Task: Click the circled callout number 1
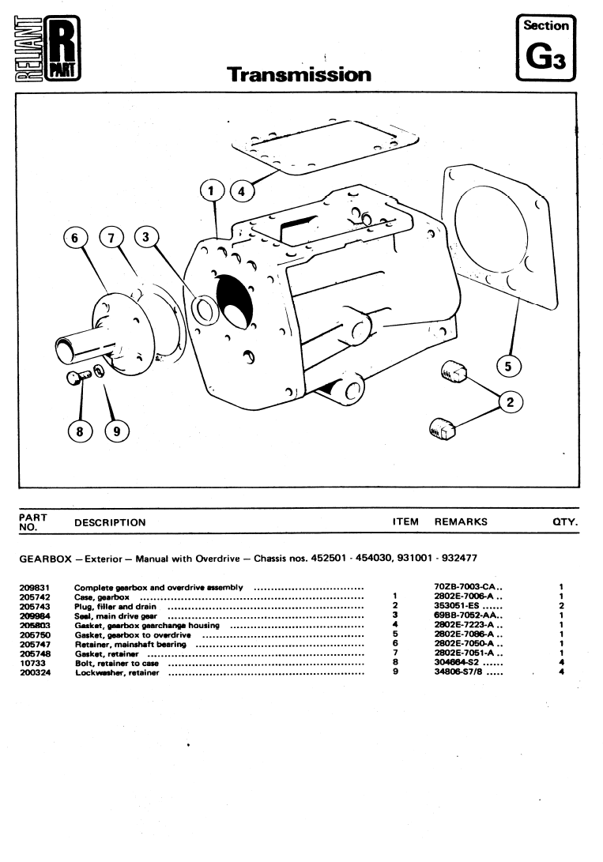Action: [x=212, y=190]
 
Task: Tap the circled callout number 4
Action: [x=242, y=190]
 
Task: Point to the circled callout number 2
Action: [x=511, y=403]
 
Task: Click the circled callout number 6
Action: [x=77, y=237]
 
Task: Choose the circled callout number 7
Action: [x=111, y=237]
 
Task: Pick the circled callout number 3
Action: [x=146, y=237]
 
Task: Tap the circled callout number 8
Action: [x=79, y=431]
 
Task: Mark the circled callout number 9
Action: [x=117, y=431]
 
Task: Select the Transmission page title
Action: [x=299, y=75]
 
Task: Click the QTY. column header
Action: [x=565, y=522]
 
